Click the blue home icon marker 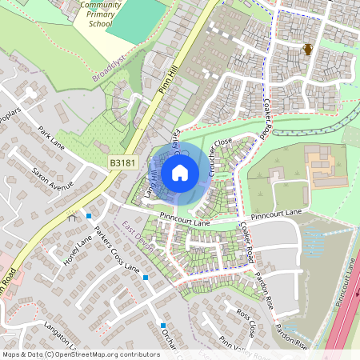(180, 173)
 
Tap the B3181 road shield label (122, 162)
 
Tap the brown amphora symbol (307, 50)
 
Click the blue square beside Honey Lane (88, 216)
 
